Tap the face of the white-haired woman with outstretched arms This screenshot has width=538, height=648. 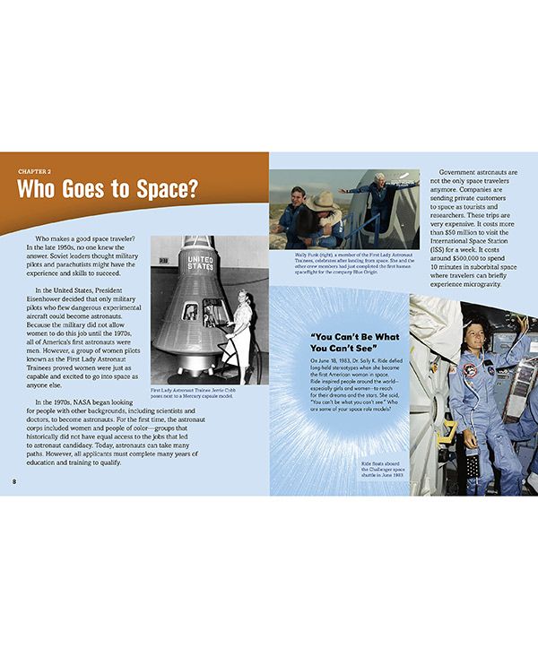pyautogui.click(x=378, y=178)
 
